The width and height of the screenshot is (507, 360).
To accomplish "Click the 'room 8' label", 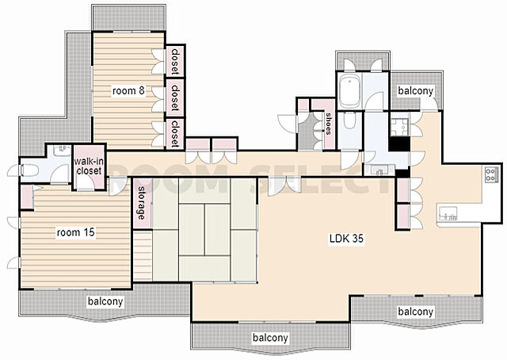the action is click(128, 90).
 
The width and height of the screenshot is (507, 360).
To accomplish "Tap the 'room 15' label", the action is click(76, 232).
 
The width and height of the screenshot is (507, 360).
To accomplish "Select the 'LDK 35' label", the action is click(346, 239).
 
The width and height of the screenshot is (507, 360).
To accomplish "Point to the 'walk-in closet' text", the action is click(89, 166).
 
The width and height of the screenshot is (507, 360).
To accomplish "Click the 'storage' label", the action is click(141, 203).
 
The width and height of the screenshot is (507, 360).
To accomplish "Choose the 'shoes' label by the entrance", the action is click(329, 124).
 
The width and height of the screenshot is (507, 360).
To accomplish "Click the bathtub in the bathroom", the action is click(349, 91).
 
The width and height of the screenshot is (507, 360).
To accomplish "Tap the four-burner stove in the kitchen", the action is click(490, 174).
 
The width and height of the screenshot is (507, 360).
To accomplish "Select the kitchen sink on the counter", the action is click(448, 213).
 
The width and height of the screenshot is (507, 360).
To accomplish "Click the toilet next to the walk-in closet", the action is click(30, 170).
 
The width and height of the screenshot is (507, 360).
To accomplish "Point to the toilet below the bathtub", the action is click(349, 121).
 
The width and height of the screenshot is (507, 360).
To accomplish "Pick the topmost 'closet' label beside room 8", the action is click(175, 61).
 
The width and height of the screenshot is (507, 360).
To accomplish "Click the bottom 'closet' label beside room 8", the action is click(175, 133).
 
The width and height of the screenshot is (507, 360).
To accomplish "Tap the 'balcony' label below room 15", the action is click(105, 301).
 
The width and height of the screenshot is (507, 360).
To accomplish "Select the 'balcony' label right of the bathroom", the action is click(415, 91).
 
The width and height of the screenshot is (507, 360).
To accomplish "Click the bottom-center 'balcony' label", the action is click(270, 338).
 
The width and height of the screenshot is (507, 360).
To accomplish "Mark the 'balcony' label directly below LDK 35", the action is click(415, 312).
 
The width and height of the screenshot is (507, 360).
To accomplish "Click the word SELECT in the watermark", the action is click(320, 179).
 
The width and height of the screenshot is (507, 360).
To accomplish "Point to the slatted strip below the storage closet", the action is click(143, 255).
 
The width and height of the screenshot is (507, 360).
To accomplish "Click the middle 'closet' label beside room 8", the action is click(175, 98).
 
